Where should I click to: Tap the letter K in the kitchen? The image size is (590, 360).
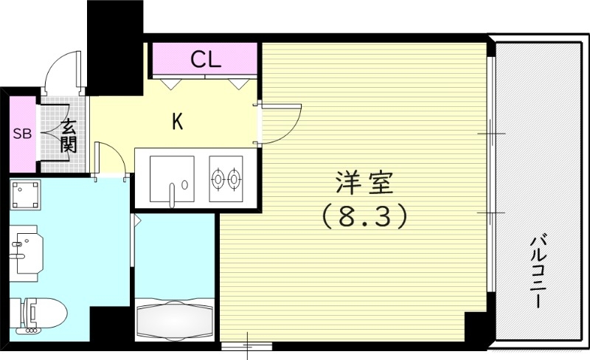(x=177, y=122)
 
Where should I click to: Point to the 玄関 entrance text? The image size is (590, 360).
(x=69, y=136)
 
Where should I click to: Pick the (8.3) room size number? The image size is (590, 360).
(x=363, y=216)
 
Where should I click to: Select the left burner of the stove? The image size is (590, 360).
(x=218, y=178)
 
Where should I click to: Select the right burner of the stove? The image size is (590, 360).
(x=235, y=178)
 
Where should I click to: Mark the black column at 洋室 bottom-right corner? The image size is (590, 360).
(x=476, y=325)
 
